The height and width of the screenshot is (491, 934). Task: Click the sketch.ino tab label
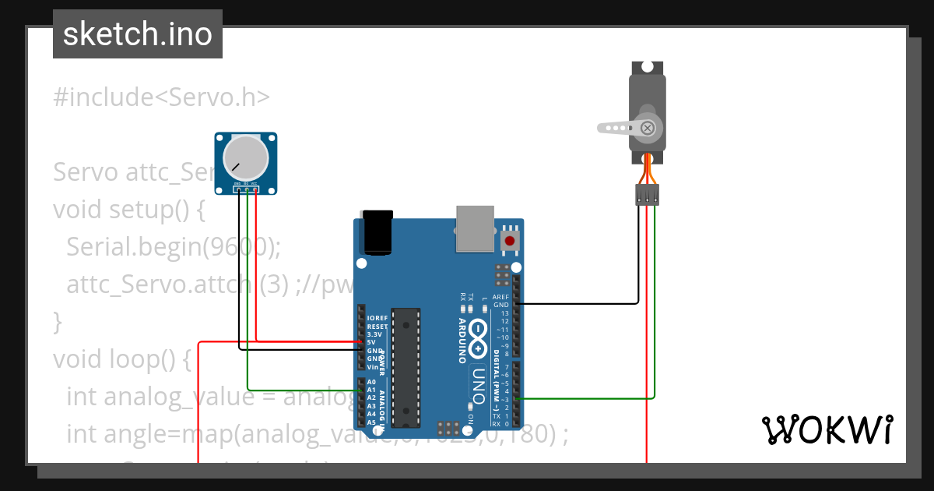point(138,34)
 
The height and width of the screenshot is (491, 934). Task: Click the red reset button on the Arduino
point(510,241)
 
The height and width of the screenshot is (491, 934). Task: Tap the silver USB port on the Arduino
point(475,228)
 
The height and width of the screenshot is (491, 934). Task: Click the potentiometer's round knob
point(245,158)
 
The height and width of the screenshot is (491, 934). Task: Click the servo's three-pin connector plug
point(647,194)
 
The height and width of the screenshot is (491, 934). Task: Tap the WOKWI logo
point(827,429)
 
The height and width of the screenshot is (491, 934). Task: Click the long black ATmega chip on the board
point(406,366)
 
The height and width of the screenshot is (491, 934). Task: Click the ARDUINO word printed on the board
point(462,341)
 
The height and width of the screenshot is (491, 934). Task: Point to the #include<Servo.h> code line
point(161,97)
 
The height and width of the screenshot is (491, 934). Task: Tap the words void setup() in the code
point(128,210)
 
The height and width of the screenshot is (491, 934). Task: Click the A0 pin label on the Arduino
point(371,383)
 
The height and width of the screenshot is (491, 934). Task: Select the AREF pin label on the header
point(500,297)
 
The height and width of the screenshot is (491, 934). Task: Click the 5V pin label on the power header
point(372,342)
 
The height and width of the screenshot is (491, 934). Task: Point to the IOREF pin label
point(377,318)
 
